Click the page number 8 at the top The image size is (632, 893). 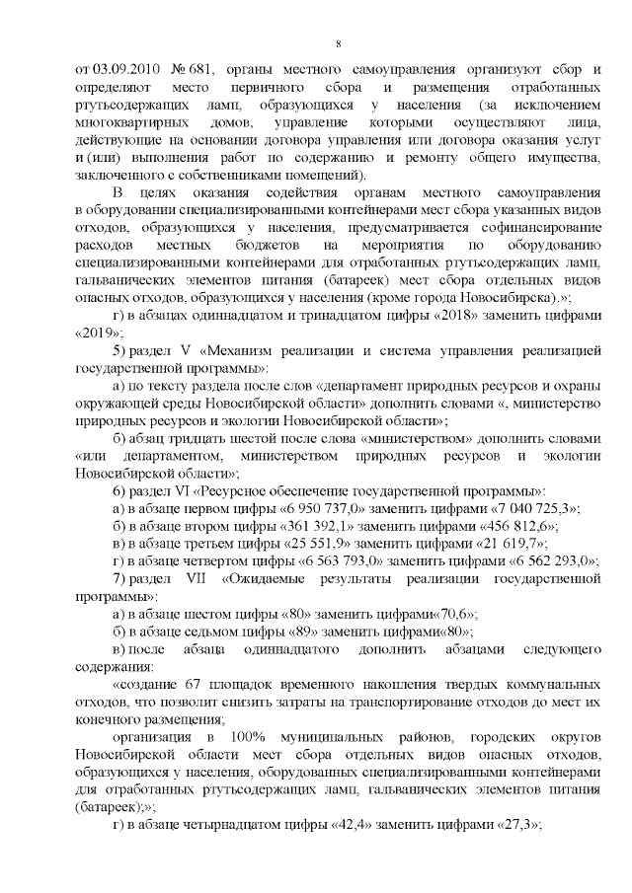(x=339, y=44)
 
